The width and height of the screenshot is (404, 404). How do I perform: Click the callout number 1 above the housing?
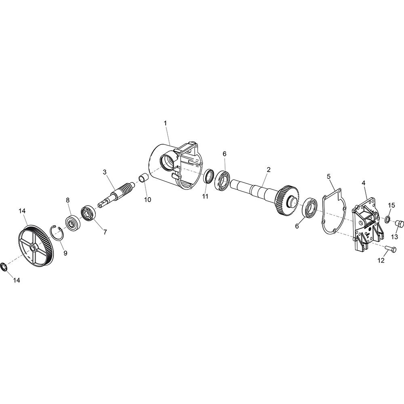click(165, 123)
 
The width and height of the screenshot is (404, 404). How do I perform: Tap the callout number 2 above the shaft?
click(269, 170)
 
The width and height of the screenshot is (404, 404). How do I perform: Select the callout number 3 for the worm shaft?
click(105, 172)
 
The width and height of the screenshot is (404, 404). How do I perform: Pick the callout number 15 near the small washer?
click(391, 198)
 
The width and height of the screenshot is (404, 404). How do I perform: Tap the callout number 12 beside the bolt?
click(381, 261)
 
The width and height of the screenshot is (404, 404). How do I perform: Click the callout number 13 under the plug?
click(394, 236)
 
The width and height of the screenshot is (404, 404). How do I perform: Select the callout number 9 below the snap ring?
click(65, 253)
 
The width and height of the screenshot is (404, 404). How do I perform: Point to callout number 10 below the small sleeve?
click(147, 200)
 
